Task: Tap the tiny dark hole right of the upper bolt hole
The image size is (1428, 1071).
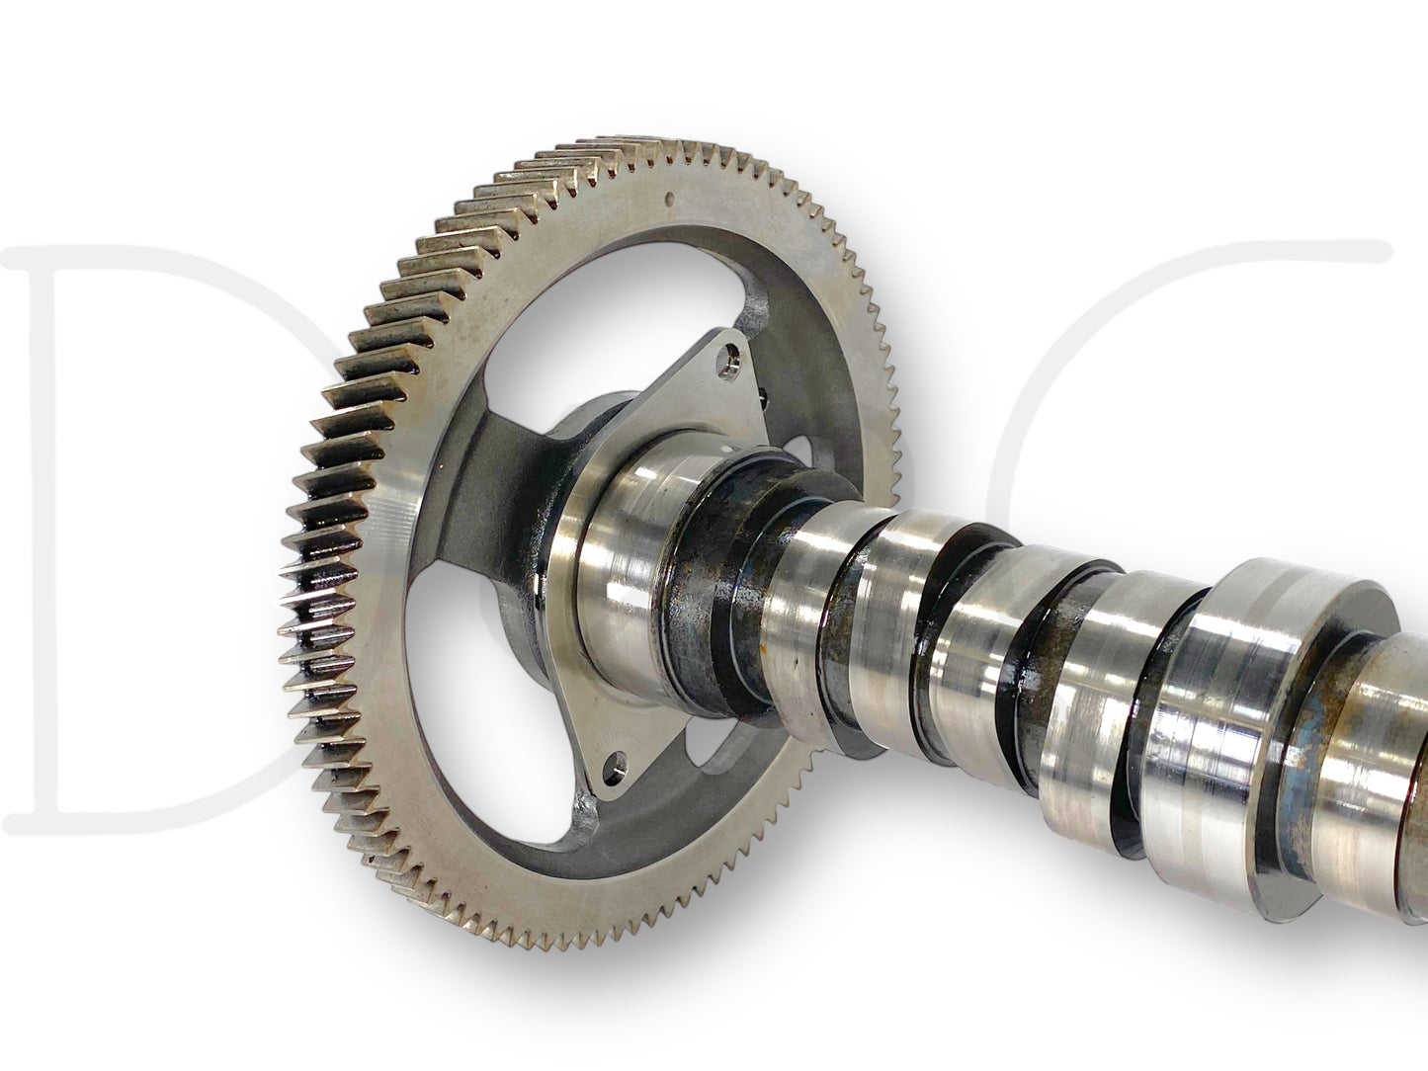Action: [768, 394]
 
